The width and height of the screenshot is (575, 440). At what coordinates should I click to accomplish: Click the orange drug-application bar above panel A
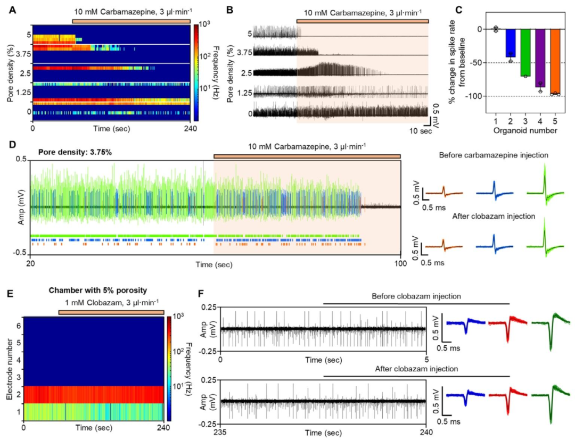[x=130, y=20]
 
